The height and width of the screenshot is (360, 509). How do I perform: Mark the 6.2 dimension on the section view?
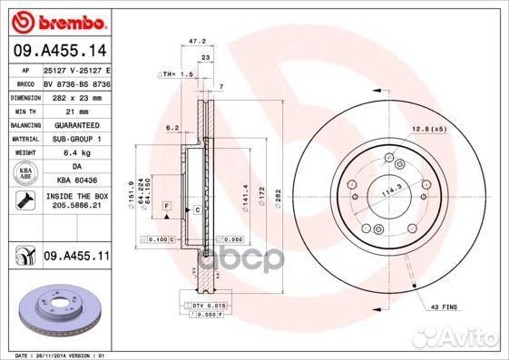171,128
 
